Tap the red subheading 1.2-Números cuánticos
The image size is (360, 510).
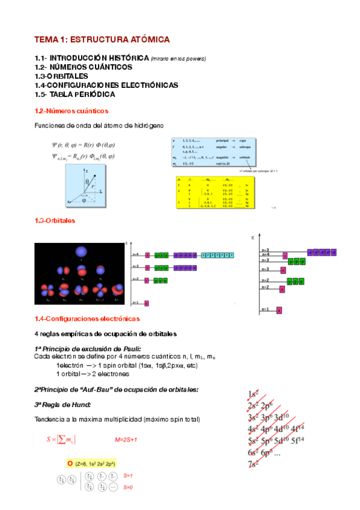pyautogui.click(x=72, y=111)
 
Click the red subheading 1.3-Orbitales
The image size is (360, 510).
pyautogui.click(x=55, y=221)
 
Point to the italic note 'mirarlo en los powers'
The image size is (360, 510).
pyautogui.click(x=178, y=58)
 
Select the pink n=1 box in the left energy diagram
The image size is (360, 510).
pyautogui.click(x=146, y=303)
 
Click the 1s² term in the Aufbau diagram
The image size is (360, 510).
pyautogui.click(x=253, y=395)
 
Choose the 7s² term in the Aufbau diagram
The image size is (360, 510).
pyautogui.click(x=253, y=464)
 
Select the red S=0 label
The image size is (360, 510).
pyautogui.click(x=127, y=487)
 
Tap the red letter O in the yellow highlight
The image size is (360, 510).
pyautogui.click(x=70, y=463)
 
